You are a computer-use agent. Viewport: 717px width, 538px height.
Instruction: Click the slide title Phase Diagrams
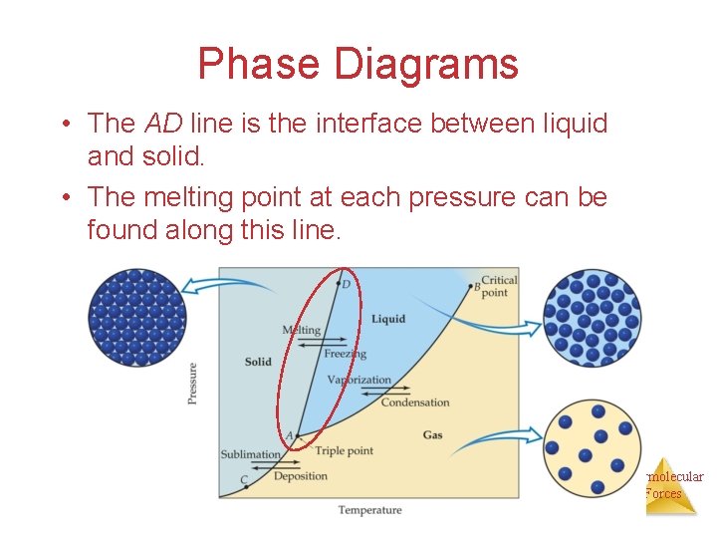pyautogui.click(x=358, y=64)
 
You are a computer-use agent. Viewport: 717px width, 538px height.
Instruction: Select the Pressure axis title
pyautogui.click(x=192, y=383)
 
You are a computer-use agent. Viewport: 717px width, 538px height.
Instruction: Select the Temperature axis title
pyautogui.click(x=369, y=510)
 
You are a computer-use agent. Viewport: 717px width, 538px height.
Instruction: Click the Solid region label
pyautogui.click(x=258, y=362)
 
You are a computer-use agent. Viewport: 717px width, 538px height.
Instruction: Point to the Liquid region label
pyautogui.click(x=388, y=319)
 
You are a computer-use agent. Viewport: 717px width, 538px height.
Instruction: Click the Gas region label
pyautogui.click(x=432, y=435)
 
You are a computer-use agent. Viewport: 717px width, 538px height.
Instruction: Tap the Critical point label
pyautogui.click(x=499, y=287)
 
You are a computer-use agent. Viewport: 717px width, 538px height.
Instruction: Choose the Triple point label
pyautogui.click(x=344, y=451)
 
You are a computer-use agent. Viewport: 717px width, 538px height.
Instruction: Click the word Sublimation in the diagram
pyautogui.click(x=250, y=454)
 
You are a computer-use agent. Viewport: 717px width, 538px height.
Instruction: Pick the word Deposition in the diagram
pyautogui.click(x=300, y=476)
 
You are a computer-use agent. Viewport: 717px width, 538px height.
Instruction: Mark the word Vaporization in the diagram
pyautogui.click(x=358, y=380)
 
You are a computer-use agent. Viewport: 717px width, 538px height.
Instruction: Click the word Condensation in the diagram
pyautogui.click(x=415, y=403)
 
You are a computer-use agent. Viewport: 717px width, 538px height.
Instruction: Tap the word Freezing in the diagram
pyautogui.click(x=345, y=354)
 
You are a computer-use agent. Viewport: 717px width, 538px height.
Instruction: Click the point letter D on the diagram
pyautogui.click(x=347, y=285)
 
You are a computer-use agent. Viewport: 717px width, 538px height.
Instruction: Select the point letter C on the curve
pyautogui.click(x=244, y=480)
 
